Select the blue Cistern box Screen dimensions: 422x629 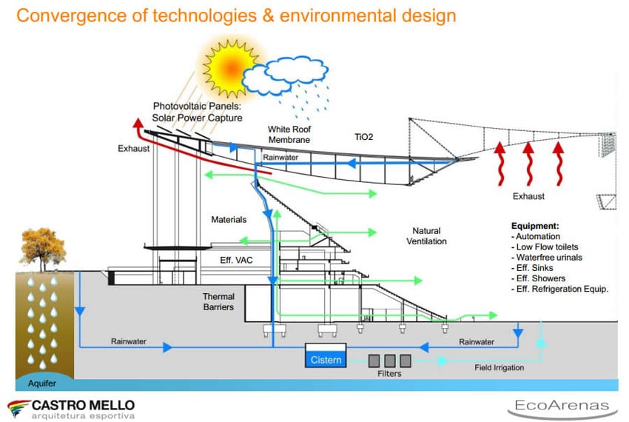click(x=326, y=360)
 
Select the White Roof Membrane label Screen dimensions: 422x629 click(x=289, y=134)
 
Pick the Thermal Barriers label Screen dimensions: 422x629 click(x=218, y=302)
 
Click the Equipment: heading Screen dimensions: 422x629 click(x=536, y=226)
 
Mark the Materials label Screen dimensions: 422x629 click(x=229, y=220)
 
